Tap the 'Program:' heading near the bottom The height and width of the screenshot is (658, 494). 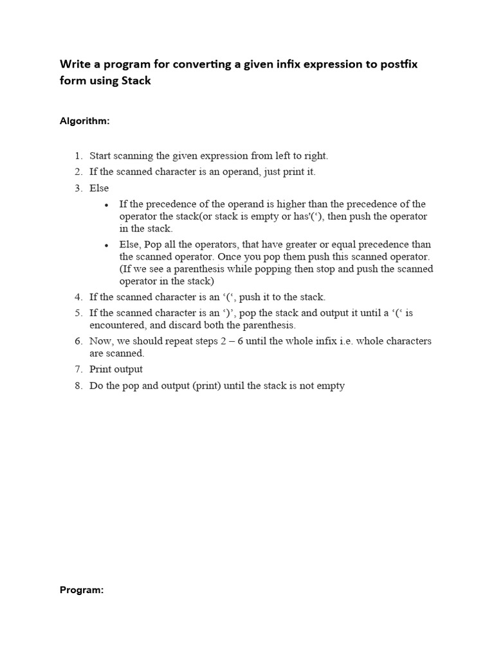tap(82, 590)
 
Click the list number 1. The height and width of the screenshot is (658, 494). tap(78, 156)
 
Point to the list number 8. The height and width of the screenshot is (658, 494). tap(78, 386)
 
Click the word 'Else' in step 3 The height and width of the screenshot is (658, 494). tap(99, 188)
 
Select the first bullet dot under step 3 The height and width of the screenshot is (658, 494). tap(107, 205)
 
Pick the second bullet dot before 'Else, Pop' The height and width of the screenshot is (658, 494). tap(107, 245)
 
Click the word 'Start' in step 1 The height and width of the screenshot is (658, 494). tap(100, 156)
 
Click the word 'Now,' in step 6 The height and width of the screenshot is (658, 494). tap(102, 341)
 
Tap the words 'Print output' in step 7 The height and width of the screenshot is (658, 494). tap(116, 369)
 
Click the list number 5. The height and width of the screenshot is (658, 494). tap(78, 313)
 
